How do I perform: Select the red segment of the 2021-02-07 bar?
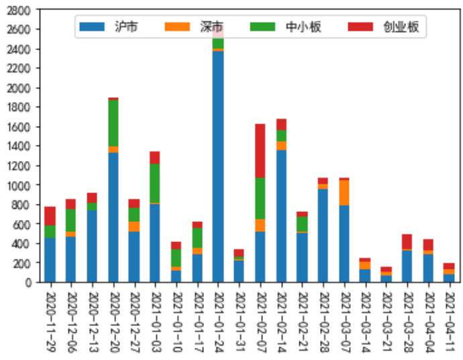tap(260, 151)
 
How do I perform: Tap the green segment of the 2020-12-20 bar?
tap(113, 123)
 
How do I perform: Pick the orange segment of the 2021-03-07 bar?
tap(344, 192)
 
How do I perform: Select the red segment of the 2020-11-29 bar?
tap(50, 216)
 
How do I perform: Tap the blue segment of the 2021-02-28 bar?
tap(323, 235)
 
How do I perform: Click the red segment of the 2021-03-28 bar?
tap(407, 241)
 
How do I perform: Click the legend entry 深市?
tap(195, 27)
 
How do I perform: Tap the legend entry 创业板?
tap(383, 27)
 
